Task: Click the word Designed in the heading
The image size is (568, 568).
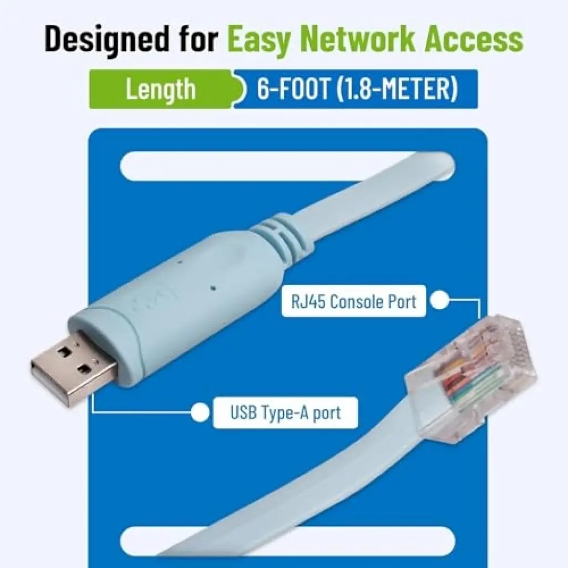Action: coord(107,39)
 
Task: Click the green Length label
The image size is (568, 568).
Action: coord(160,89)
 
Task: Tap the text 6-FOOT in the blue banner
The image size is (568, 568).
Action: coord(293,89)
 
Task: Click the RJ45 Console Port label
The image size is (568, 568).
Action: coord(353,301)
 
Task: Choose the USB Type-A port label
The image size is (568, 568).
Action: coord(286,413)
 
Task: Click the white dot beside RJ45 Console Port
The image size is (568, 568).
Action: coord(439,300)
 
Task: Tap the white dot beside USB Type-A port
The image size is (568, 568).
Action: coord(200,412)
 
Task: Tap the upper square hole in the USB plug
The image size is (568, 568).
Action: coord(65,351)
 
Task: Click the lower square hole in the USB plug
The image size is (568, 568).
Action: coord(85,369)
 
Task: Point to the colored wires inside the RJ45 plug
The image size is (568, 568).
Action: coord(467,381)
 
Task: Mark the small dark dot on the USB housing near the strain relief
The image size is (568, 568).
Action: coord(213,288)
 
